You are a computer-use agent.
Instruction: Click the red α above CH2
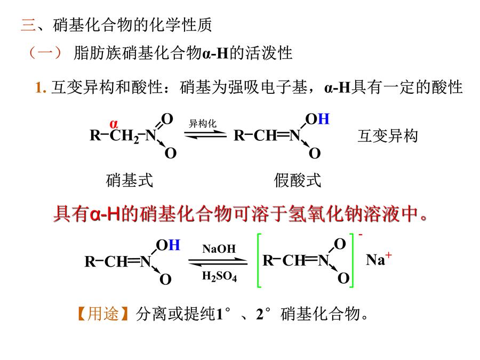[x=114, y=124]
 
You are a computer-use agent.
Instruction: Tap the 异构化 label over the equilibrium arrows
[x=203, y=124]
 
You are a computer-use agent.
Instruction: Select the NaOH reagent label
[x=219, y=249]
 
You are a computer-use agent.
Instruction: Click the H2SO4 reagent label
[x=220, y=276]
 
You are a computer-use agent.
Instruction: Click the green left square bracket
[x=259, y=260]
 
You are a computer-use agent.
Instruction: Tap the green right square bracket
[x=352, y=260]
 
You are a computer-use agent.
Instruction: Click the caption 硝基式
[x=129, y=180]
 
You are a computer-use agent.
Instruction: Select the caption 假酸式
[x=297, y=180]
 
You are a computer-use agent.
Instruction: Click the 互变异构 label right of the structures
[x=388, y=136]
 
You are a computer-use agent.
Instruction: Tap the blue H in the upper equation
[x=324, y=119]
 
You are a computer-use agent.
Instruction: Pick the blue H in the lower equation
[x=174, y=245]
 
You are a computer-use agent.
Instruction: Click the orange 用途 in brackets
[x=103, y=314]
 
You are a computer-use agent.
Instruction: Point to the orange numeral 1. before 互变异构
[x=41, y=87]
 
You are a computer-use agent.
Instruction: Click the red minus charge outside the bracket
[x=361, y=235]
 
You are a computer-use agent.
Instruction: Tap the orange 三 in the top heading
[x=28, y=25]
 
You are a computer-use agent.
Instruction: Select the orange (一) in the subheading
[x=45, y=53]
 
